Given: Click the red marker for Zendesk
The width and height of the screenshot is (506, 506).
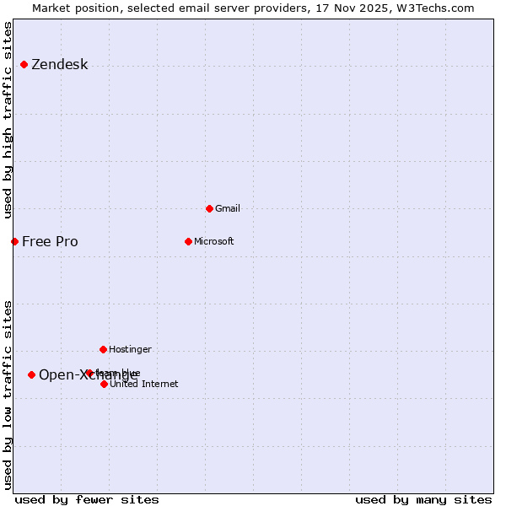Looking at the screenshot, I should pos(24,65).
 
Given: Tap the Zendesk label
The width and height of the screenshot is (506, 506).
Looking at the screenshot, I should pos(59,65).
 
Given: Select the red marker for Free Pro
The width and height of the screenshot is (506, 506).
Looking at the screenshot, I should pos(14,242).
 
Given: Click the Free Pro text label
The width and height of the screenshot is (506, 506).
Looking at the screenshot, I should pos(50,242).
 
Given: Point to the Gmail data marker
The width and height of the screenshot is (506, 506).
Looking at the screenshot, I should pos(209,208).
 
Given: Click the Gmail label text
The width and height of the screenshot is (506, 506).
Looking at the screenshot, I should pos(228,208).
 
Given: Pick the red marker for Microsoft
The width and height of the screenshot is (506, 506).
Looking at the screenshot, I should pos(188,241).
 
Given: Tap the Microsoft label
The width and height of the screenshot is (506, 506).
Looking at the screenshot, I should pos(213,241).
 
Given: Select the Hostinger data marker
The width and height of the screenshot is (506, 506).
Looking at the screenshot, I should pos(103,349).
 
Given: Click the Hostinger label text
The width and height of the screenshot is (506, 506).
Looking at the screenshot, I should pos(130,349).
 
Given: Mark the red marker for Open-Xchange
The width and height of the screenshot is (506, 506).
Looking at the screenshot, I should pos(31,374).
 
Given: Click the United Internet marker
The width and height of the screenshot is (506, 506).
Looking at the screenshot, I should pos(104,384).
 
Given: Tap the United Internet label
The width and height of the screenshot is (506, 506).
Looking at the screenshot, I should pos(143,384).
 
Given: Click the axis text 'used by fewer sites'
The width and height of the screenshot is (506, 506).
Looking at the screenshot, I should pos(87,499).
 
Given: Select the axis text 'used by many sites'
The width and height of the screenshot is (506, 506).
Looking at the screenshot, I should pos(423,499).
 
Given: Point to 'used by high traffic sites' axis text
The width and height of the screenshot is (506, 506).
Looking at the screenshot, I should pos(8,120).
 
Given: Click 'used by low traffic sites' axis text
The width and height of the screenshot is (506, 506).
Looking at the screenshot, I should pos(8,395).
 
